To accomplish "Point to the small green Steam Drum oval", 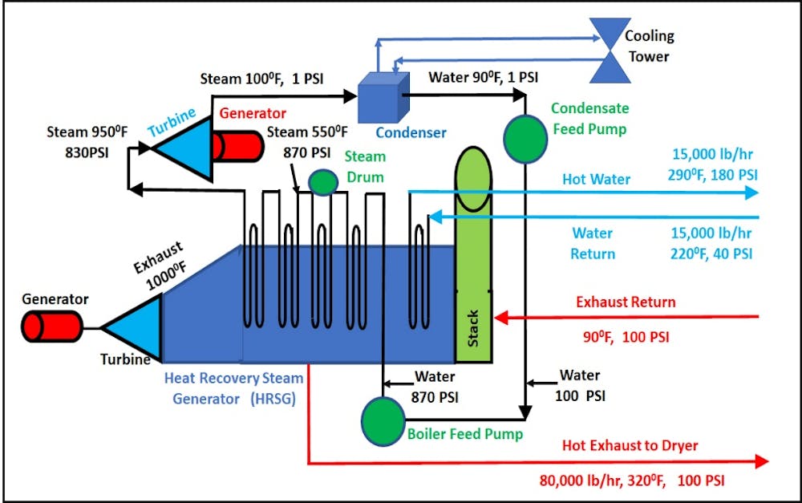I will pos(324,182).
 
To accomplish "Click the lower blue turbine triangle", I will pos(133,327).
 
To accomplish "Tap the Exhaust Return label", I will pos(626,302).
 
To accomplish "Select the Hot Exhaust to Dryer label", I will pos(630,445).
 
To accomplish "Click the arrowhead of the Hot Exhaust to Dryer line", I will pos(761,461).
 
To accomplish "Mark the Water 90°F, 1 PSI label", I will pos(484,78).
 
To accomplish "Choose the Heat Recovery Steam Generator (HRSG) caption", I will pos(233,387).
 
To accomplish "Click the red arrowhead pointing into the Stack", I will pos(500,317).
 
